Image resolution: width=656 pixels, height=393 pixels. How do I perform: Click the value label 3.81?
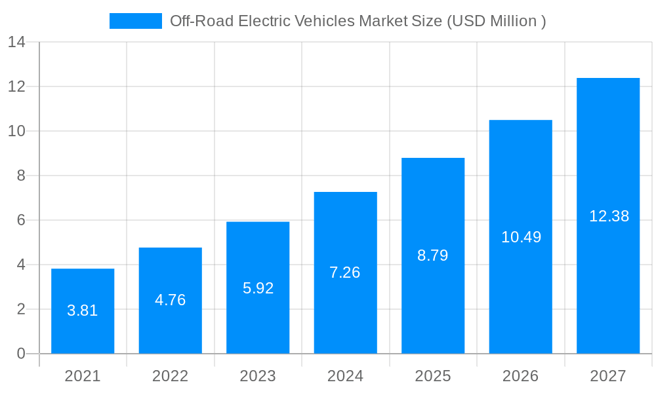tap(83, 310)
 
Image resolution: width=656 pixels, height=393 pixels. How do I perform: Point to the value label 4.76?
tap(171, 300)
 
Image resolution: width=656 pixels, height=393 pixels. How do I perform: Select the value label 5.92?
tap(258, 288)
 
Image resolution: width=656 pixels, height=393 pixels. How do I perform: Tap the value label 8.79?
tap(433, 255)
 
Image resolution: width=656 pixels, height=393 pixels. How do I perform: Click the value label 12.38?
tap(609, 216)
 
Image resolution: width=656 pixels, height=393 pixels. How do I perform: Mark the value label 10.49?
tap(521, 237)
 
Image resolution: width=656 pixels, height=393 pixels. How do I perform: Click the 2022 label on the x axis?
tap(171, 376)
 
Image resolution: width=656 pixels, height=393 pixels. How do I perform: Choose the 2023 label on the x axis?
tap(258, 376)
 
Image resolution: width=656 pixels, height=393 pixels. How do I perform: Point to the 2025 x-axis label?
tap(433, 376)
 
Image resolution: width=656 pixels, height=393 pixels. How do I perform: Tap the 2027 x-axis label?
tap(608, 376)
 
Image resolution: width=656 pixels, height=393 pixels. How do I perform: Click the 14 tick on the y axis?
tap(16, 43)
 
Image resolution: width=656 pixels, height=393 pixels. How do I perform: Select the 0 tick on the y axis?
tap(21, 354)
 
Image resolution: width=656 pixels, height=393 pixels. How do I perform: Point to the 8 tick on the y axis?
tap(21, 176)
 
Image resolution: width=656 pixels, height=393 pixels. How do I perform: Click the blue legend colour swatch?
tap(135, 21)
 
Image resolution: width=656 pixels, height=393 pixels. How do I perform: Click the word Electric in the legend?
tap(264, 21)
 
